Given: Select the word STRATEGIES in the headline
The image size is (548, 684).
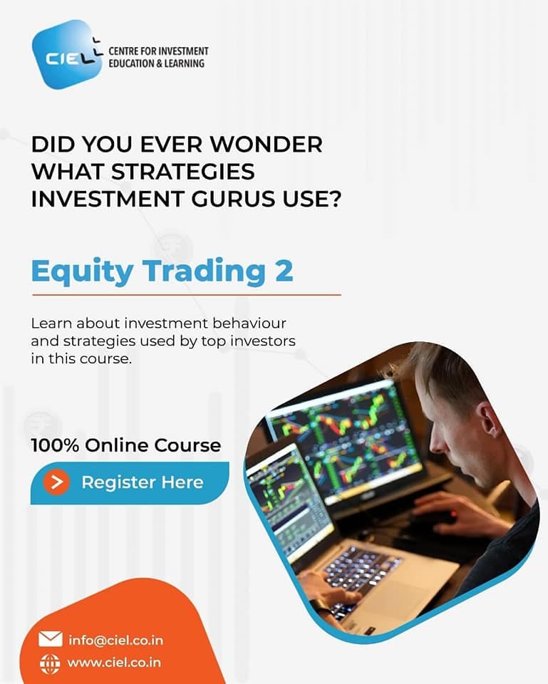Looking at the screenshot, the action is (x=183, y=172).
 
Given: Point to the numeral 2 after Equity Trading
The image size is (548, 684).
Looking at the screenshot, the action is (x=284, y=271).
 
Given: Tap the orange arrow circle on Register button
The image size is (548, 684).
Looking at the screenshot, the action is (x=56, y=482).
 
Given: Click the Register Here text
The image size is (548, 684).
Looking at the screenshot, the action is (x=143, y=482).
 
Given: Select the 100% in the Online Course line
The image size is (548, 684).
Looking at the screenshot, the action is (x=55, y=445).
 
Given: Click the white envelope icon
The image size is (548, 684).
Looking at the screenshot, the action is (x=51, y=639).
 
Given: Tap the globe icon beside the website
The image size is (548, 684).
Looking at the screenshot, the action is (x=50, y=664).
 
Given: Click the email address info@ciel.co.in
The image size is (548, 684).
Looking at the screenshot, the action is (x=115, y=641).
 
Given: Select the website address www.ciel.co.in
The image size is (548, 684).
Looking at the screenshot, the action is (x=114, y=663).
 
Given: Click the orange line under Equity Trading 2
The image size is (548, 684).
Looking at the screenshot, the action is (x=186, y=295).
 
